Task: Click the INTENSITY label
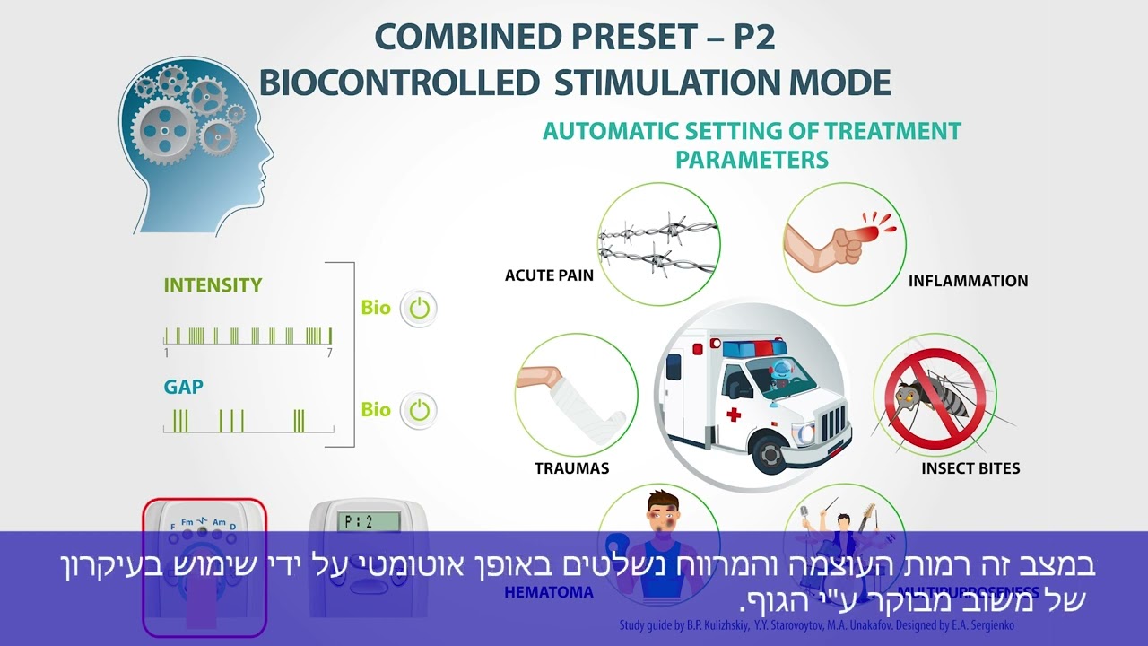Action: (x=213, y=285)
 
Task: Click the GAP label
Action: (x=183, y=388)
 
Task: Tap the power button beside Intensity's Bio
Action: (x=419, y=309)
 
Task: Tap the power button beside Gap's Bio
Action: (x=419, y=410)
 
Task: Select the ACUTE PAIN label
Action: (x=549, y=275)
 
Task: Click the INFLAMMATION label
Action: (x=968, y=281)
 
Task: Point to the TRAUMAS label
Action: (x=571, y=468)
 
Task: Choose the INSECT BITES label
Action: (x=970, y=468)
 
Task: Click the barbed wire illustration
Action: (x=658, y=244)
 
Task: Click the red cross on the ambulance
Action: (x=734, y=415)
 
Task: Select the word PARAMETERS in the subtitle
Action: (x=751, y=160)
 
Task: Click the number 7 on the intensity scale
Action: (x=329, y=354)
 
